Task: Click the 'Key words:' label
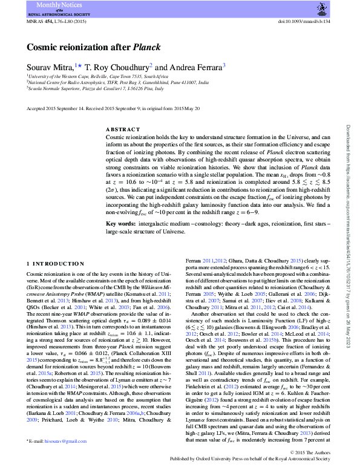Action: [120, 224]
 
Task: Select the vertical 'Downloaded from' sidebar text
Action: [348, 236]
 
